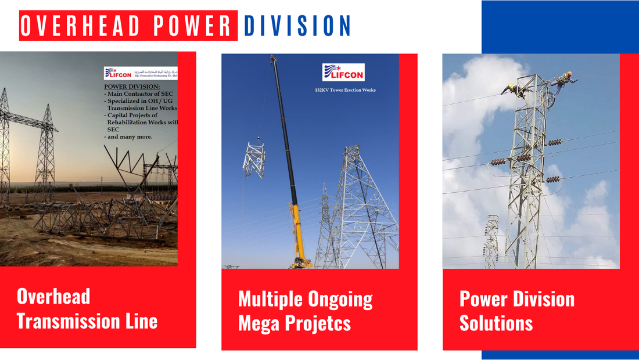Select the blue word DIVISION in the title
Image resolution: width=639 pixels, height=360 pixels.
(297, 26)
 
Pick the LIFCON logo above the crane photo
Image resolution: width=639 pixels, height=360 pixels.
(343, 72)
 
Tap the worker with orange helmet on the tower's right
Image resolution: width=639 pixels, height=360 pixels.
(563, 80)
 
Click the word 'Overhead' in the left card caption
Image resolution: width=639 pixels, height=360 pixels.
(53, 296)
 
